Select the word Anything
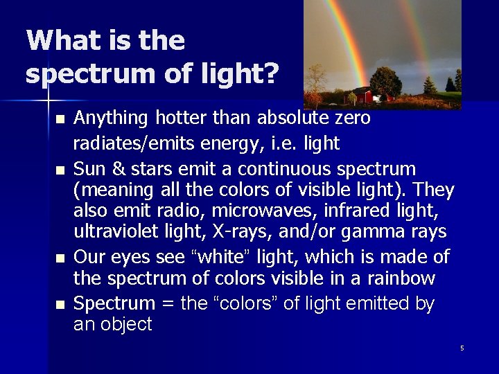[108, 119]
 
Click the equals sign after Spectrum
[166, 303]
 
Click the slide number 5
[462, 348]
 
